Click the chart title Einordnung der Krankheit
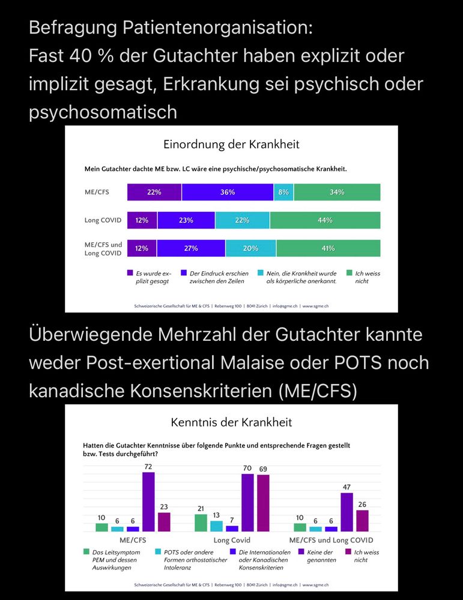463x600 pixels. click(x=231, y=145)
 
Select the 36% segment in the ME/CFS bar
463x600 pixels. click(x=227, y=192)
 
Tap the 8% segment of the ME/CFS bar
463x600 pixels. click(x=283, y=192)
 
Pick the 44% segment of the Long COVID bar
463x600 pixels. click(x=325, y=220)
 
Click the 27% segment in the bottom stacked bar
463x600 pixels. click(x=190, y=248)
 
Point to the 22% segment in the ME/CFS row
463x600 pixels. click(x=154, y=192)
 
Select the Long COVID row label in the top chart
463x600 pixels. click(x=103, y=220)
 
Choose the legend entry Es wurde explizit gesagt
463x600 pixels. click(x=150, y=277)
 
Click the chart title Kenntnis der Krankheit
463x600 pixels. click(x=231, y=422)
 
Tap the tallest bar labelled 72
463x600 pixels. click(x=148, y=502)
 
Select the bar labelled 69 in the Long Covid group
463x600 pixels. click(x=263, y=503)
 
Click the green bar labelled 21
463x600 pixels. click(x=201, y=523)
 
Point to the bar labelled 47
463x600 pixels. click(x=346, y=512)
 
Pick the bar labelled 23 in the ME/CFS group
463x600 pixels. click(x=164, y=521)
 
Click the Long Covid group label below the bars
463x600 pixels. click(x=232, y=540)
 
